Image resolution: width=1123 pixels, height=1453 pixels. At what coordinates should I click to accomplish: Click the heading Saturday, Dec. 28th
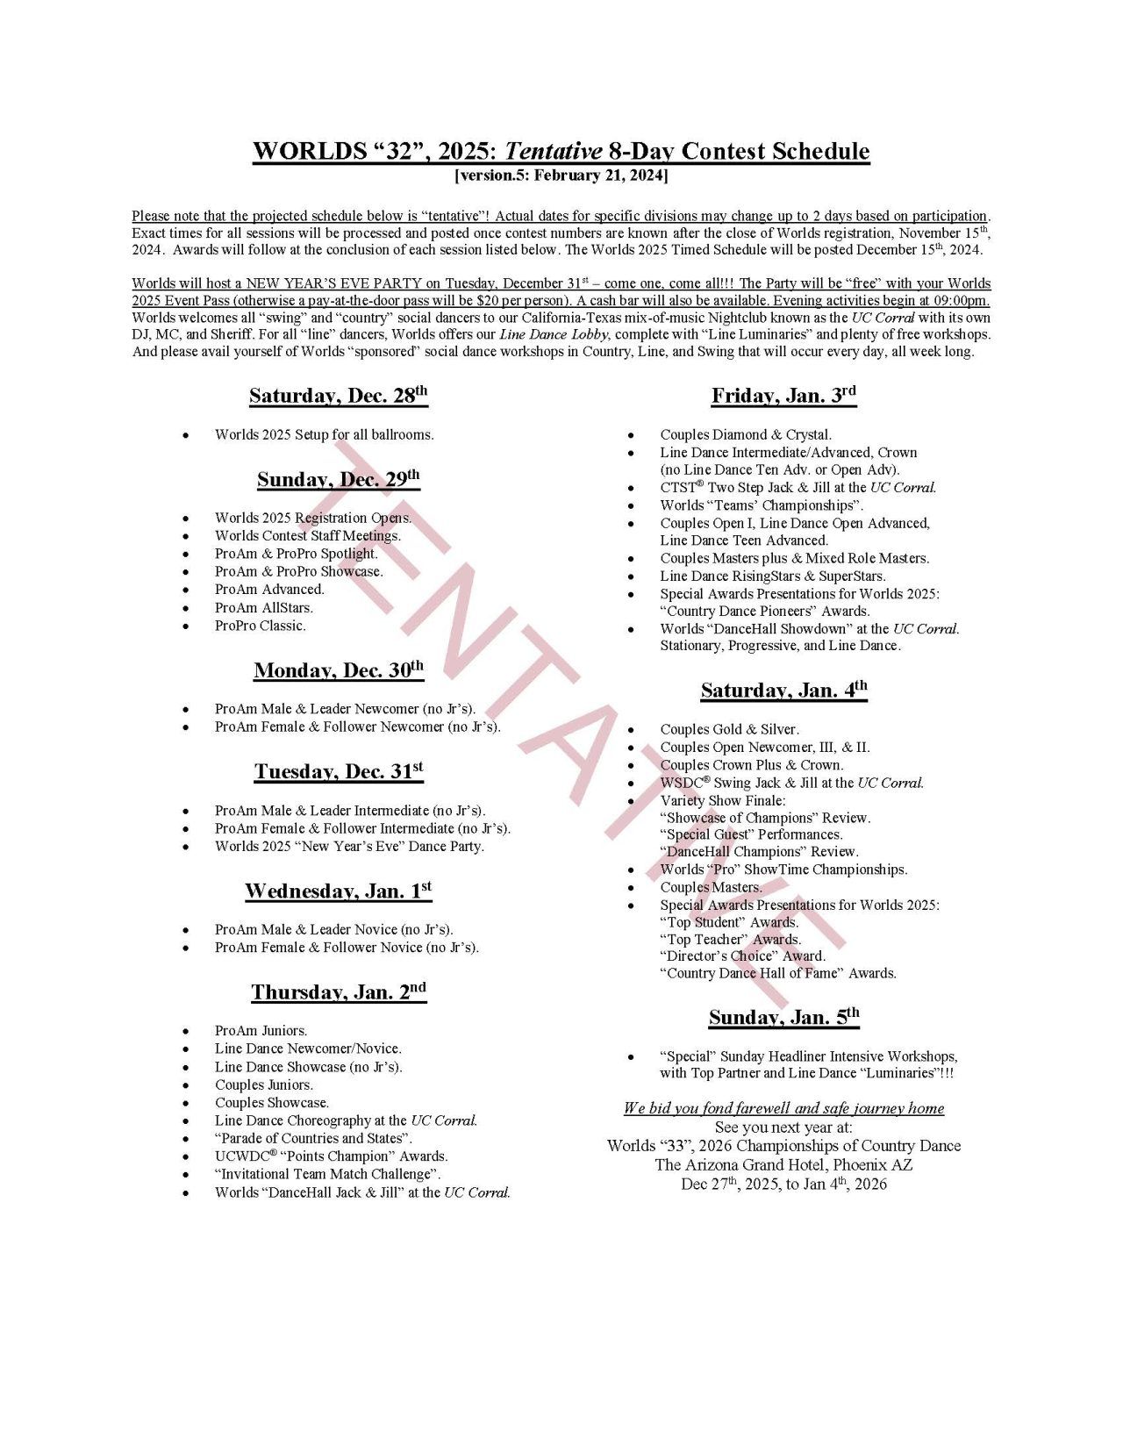(x=338, y=396)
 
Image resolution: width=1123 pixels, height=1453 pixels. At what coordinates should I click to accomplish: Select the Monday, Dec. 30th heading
(x=338, y=671)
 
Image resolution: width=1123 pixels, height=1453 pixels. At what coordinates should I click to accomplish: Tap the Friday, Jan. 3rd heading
(x=783, y=396)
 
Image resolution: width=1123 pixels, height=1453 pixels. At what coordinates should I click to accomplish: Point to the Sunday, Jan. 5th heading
(x=783, y=1018)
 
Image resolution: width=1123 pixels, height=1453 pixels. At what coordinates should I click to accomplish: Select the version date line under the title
(x=561, y=175)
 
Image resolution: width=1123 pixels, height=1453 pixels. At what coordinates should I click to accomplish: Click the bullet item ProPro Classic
(x=260, y=626)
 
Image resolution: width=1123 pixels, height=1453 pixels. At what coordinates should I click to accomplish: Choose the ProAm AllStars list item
(x=263, y=607)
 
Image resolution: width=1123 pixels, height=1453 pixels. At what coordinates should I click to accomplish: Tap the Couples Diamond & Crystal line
(x=745, y=434)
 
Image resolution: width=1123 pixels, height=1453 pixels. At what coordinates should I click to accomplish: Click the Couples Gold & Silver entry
(x=729, y=729)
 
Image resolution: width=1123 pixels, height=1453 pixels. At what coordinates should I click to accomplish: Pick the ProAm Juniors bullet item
(x=261, y=1031)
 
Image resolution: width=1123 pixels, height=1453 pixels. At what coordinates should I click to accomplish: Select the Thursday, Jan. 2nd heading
(x=338, y=992)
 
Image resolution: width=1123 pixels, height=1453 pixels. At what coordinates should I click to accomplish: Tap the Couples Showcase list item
(x=271, y=1103)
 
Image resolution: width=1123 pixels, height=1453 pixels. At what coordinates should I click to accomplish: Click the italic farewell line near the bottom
(x=783, y=1108)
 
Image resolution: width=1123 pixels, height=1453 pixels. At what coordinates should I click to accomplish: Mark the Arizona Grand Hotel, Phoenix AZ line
(x=783, y=1165)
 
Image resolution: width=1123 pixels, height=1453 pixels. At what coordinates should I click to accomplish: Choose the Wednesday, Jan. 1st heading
(x=338, y=891)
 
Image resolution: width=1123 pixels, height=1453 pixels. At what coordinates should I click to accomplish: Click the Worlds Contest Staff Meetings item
(x=307, y=535)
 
